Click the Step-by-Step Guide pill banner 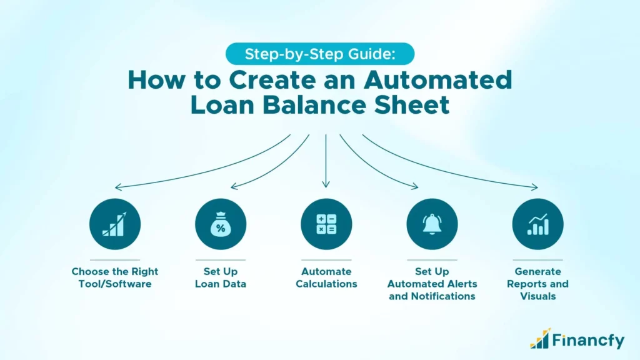320,54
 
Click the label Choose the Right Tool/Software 114,277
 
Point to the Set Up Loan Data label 221,277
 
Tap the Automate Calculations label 326,277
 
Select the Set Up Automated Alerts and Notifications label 432,284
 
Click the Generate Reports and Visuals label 537,284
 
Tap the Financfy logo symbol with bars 541,338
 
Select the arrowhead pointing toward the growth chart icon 117,187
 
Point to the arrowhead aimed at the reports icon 534,187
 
